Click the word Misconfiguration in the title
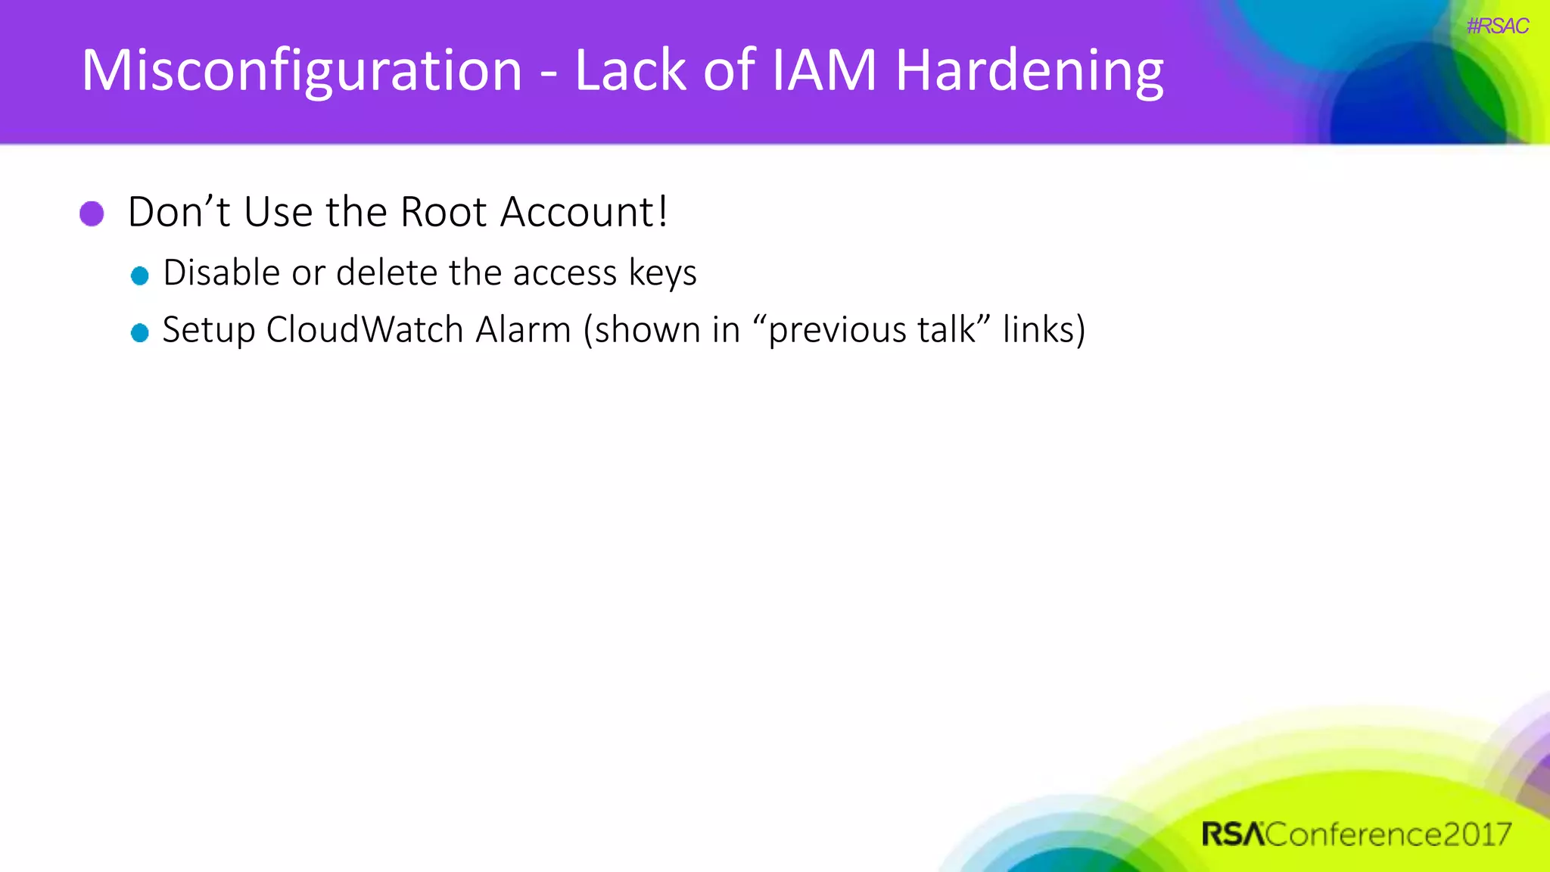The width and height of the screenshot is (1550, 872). [x=301, y=70]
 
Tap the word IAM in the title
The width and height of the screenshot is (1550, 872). [x=823, y=70]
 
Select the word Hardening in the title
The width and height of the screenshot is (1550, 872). [x=1029, y=70]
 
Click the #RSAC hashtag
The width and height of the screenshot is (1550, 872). [x=1497, y=26]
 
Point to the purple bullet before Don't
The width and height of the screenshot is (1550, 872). [x=92, y=213]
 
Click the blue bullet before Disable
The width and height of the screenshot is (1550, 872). [x=139, y=276]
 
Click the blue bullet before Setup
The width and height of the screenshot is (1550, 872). [x=139, y=332]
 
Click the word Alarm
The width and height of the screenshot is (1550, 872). [x=523, y=330]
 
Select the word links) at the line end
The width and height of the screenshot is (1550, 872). [x=1044, y=330]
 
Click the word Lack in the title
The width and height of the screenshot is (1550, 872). [x=630, y=70]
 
